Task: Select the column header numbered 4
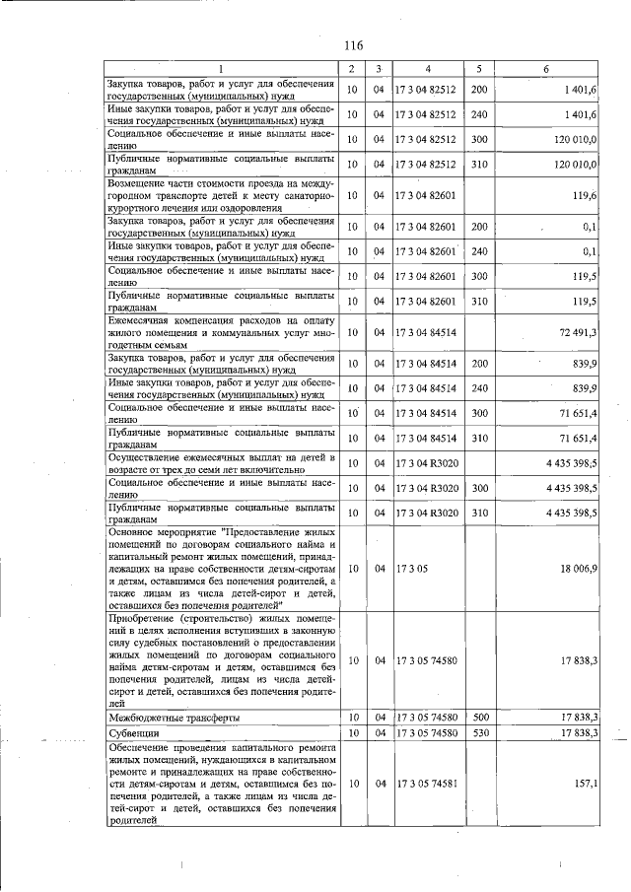[428, 68]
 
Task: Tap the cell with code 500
[480, 718]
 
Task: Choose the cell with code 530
[480, 733]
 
